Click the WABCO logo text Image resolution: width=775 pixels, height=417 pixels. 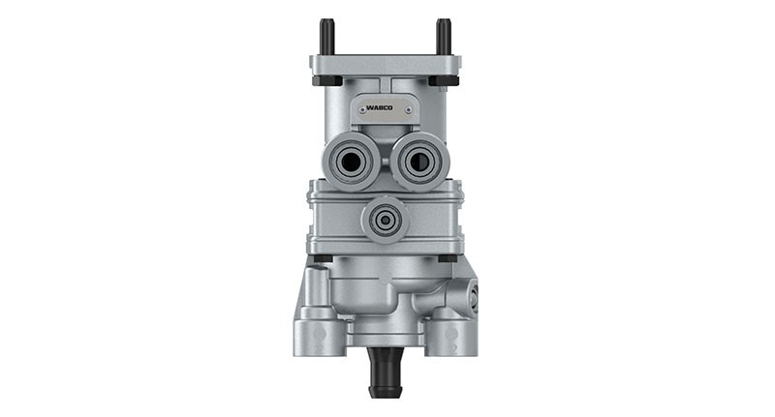380,107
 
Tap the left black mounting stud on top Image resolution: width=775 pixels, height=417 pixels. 326,37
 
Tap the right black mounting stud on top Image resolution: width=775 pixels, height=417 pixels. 444,37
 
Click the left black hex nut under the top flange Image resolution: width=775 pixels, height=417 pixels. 327,81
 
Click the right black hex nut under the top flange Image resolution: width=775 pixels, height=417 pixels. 444,81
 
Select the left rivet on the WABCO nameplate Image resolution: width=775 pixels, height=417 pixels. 362,111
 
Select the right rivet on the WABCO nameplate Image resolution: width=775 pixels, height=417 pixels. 408,111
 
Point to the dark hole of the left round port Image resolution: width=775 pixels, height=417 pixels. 352,162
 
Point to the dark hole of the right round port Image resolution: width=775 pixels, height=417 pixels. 419,162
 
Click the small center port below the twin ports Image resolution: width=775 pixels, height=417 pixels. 385,220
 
